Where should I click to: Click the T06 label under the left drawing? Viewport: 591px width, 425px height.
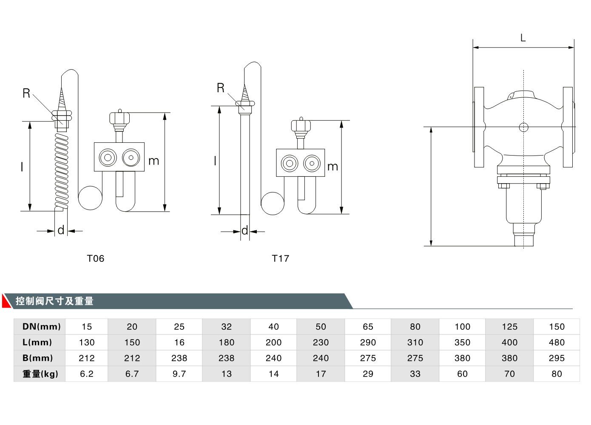pos(95,258)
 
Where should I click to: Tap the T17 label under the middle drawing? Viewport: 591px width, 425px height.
pos(280,258)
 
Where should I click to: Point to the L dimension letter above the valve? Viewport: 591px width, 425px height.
pos(523,38)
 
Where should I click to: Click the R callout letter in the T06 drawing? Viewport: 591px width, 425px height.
pos(26,93)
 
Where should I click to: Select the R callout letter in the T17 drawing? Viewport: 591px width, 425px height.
pos(220,88)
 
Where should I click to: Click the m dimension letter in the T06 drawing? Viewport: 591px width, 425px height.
pos(153,161)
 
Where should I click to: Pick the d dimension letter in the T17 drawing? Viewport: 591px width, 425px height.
pos(244,231)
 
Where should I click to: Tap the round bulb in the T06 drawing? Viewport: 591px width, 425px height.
pos(90,198)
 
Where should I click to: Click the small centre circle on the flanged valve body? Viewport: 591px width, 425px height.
pos(523,127)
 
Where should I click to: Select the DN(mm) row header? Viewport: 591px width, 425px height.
pos(41,326)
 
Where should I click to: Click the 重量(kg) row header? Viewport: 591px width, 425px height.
pos(40,374)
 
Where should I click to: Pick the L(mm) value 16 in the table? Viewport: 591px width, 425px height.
pos(179,343)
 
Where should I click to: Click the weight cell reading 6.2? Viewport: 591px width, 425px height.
pos(87,374)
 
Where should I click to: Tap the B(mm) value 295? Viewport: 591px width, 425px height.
pos(557,358)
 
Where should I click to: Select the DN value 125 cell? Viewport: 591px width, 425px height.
pos(509,326)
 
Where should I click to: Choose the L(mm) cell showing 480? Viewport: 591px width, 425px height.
pos(557,343)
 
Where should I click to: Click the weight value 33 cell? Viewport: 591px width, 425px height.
pos(415,374)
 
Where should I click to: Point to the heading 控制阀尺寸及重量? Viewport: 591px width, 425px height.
pos(54,301)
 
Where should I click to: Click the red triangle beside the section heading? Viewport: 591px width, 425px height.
pos(6,301)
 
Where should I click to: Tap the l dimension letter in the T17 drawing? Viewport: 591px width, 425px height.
pos(215,161)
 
